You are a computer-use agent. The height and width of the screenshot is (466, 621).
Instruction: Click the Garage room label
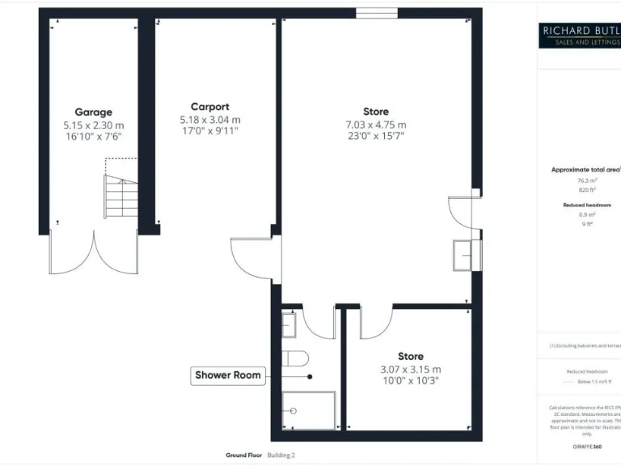[x=94, y=112]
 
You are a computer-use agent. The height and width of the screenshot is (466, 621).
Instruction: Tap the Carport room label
[x=209, y=106]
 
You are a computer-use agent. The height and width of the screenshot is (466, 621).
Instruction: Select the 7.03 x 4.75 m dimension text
[x=375, y=125]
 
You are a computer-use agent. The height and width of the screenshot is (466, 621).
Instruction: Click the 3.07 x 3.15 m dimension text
[x=410, y=370]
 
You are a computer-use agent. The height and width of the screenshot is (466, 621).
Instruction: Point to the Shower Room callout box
[x=228, y=375]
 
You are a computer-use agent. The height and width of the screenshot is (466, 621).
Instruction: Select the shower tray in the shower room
[x=308, y=410]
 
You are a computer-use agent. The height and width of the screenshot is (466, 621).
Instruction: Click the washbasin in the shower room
[x=289, y=325]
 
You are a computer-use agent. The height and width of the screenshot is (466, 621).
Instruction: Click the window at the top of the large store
[x=371, y=12]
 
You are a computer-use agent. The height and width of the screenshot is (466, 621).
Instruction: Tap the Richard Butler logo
[x=580, y=35]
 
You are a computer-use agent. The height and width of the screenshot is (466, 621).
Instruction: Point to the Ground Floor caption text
[x=243, y=455]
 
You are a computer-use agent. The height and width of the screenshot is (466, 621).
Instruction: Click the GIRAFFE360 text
[x=587, y=447]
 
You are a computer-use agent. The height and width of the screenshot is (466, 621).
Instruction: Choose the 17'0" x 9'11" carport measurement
[x=209, y=130]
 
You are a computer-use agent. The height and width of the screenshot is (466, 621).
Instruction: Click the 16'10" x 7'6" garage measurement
[x=94, y=137]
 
